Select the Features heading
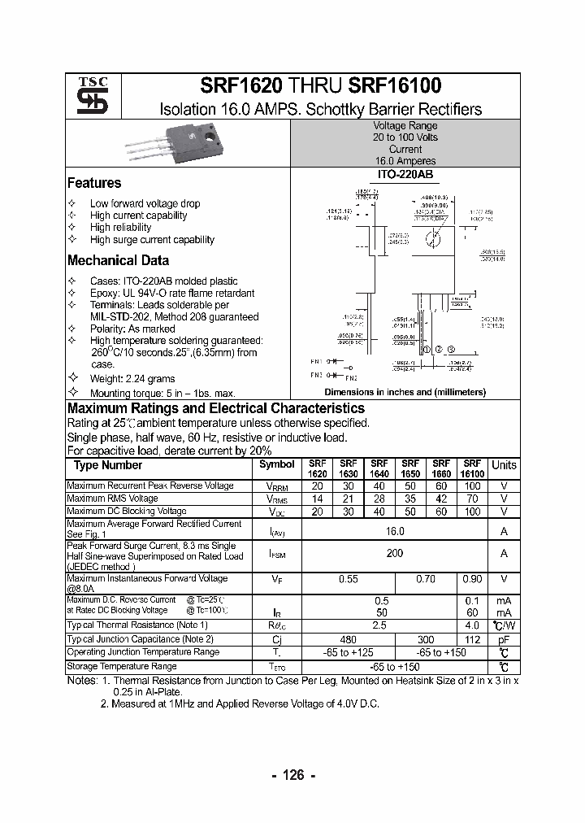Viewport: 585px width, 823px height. coord(94,183)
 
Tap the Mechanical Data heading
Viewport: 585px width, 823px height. coord(118,260)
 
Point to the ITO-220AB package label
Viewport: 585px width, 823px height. coord(405,175)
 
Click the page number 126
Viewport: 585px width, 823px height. coord(292,775)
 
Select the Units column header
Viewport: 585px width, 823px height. coord(504,465)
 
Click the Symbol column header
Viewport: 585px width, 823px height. coord(277,464)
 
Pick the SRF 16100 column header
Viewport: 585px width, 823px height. coord(471,468)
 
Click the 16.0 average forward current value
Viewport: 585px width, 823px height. coord(395,530)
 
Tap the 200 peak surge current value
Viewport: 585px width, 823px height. coord(395,553)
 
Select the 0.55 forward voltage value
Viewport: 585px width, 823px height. coord(349,579)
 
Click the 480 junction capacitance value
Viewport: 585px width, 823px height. coord(349,639)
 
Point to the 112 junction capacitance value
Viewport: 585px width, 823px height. coord(472,639)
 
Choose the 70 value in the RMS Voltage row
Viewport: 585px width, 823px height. coord(472,499)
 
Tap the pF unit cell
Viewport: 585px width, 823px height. coord(504,639)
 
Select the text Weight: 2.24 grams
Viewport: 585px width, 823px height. coord(132,379)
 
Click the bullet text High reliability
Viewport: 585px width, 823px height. coord(120,228)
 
